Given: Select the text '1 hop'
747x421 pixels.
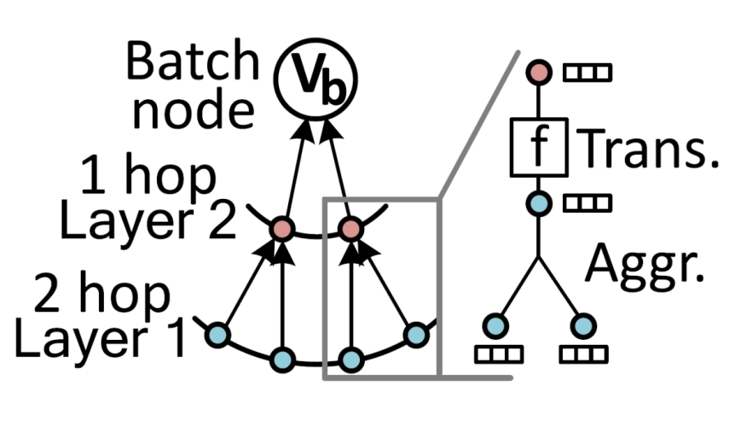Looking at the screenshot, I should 149,178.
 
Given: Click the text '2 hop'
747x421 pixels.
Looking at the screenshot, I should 101,295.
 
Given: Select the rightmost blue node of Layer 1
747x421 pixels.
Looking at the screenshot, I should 415,334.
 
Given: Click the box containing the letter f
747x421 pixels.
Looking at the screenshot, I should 537,148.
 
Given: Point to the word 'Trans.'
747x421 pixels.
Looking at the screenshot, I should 647,149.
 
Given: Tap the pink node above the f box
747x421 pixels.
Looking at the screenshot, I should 537,73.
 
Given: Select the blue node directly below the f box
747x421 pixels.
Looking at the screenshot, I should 537,203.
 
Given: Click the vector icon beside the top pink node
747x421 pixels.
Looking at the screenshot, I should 587,73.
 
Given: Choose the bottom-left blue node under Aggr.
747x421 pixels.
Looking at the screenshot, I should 495,325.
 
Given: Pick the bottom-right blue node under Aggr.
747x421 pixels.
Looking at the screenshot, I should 582,325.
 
